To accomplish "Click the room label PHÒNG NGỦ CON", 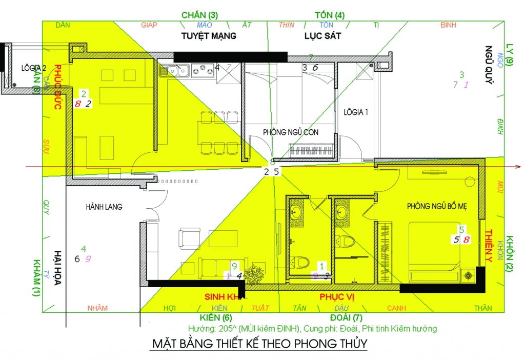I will tap(291, 132).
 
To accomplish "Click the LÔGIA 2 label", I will tap(34, 68).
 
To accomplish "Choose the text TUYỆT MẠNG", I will tap(209, 36).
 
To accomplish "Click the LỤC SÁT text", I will tap(322, 36).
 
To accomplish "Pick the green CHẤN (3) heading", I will tap(199, 15).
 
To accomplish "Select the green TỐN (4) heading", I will tap(330, 15).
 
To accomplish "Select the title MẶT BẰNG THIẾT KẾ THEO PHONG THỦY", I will tap(259, 344).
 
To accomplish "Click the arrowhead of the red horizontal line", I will tap(518, 167).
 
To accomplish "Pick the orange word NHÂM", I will tap(97, 308).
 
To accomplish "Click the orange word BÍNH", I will tap(448, 25).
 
